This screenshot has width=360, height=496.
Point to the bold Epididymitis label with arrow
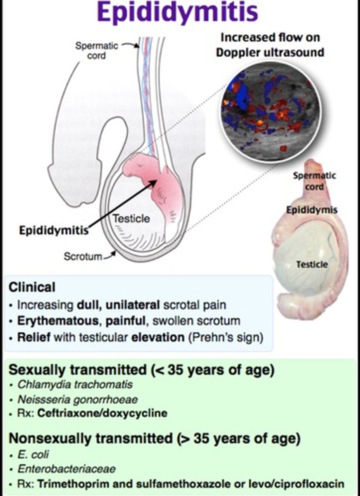(x=54, y=230)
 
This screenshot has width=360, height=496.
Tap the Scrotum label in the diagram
(x=83, y=256)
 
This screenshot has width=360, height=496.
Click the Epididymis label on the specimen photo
(x=312, y=210)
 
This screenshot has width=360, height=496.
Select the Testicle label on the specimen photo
(x=312, y=264)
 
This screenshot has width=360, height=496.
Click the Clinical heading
(x=32, y=287)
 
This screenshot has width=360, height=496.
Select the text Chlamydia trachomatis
(x=75, y=385)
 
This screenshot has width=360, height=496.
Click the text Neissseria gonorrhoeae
(x=77, y=399)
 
